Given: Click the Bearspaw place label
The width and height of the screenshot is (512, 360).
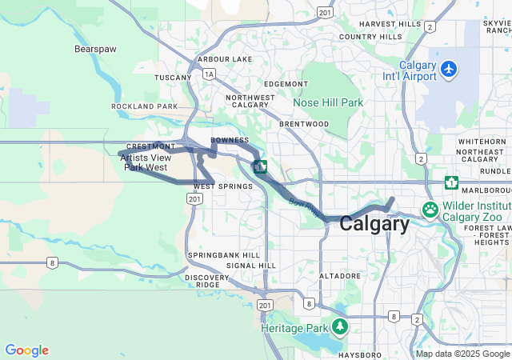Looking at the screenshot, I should coord(95,49).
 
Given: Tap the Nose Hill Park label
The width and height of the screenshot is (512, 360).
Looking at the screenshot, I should coord(328,102).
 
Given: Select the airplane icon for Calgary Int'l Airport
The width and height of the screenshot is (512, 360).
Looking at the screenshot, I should coord(449,70).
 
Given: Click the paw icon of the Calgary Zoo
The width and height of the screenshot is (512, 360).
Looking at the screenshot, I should coord(430,210).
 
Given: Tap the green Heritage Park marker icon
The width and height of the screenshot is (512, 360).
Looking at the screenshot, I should coord(341,327).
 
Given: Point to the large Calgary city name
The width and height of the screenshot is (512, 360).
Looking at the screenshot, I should coord(374,224).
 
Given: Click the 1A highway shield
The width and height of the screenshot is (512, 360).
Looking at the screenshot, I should coord(209,74).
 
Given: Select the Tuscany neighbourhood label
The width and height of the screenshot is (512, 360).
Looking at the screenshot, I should coord(174,78).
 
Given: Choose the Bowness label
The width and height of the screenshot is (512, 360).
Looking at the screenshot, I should coord(230,140).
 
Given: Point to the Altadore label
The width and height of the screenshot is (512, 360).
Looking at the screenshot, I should coord(340,276).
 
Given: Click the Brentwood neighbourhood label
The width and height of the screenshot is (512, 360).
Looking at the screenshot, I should coord(304,124).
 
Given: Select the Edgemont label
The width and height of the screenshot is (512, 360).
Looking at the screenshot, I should coord(286,84).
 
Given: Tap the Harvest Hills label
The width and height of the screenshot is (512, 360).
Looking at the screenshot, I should coord(390,24).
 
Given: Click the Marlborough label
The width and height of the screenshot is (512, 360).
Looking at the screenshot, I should coord(488,191).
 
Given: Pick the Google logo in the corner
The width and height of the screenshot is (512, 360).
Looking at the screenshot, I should coord(26,350).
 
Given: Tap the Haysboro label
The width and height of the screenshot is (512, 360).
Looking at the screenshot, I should coord(360,354).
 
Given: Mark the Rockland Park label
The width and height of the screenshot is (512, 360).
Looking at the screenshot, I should coord(145,106).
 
